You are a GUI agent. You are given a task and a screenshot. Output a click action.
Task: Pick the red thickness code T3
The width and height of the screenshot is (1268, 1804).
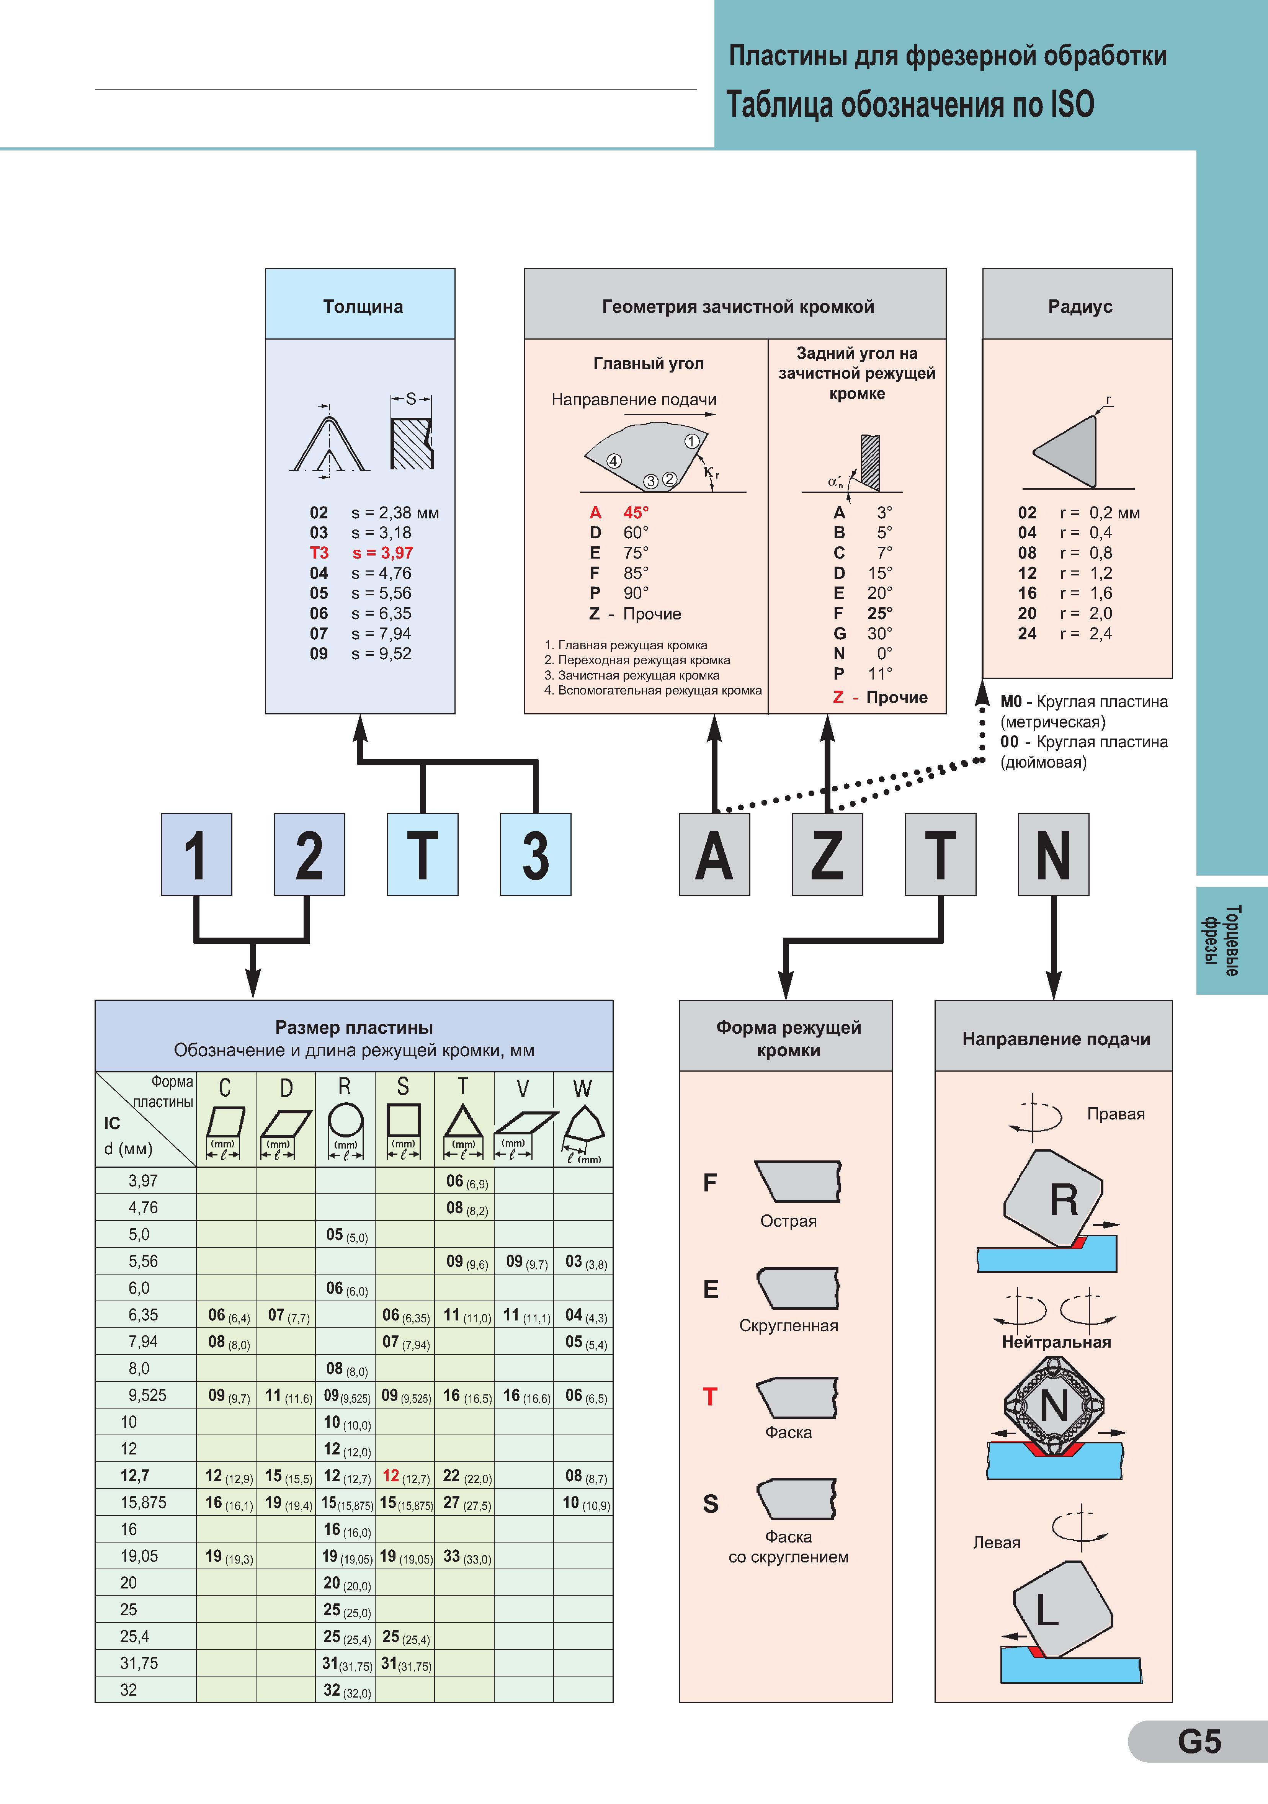coord(319,553)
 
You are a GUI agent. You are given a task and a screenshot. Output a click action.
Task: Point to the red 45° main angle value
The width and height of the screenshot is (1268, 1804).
coord(636,512)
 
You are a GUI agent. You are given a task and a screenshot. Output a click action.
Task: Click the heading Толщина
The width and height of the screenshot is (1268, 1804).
coord(363,306)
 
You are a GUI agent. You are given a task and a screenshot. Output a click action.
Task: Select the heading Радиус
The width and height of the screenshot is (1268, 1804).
coord(1080,306)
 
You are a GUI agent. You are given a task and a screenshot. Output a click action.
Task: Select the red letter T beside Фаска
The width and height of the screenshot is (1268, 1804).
coord(710,1397)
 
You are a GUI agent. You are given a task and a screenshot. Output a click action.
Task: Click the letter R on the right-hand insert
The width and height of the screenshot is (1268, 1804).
coord(1064,1201)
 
